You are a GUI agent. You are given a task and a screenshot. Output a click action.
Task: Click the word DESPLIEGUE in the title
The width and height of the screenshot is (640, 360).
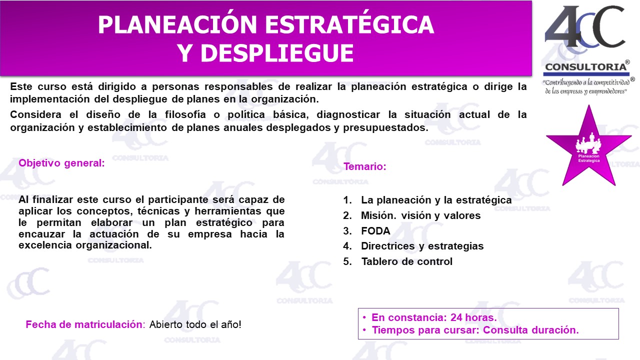pyautogui.click(x=277, y=53)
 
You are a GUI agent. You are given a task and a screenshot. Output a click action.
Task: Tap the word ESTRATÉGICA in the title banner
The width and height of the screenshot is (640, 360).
pyautogui.click(x=349, y=25)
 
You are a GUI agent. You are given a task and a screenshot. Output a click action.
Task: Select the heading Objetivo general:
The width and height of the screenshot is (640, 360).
pyautogui.click(x=61, y=163)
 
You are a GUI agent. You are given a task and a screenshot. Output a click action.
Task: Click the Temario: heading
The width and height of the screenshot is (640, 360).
pyautogui.click(x=365, y=166)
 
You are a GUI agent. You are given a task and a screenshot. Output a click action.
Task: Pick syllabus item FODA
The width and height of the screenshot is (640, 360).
pyautogui.click(x=375, y=231)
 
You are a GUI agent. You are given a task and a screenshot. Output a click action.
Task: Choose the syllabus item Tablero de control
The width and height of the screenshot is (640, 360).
pyautogui.click(x=407, y=261)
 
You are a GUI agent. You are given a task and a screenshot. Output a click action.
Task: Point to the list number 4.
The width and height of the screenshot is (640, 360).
pyautogui.click(x=347, y=246)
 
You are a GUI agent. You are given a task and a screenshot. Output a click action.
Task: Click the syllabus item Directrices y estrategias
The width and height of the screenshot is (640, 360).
pyautogui.click(x=422, y=246)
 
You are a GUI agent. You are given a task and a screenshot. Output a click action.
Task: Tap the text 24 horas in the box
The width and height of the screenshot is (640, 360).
pyautogui.click(x=473, y=317)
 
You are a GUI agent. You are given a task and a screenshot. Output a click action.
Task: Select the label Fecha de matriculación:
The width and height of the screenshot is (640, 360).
pyautogui.click(x=85, y=324)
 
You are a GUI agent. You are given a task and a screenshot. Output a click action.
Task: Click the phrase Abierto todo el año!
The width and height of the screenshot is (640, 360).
pyautogui.click(x=195, y=324)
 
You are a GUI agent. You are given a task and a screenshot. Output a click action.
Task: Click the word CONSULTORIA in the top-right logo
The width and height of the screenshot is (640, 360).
pyautogui.click(x=585, y=67)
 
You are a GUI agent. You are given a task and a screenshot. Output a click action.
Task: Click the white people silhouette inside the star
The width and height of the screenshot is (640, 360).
pyautogui.click(x=588, y=143)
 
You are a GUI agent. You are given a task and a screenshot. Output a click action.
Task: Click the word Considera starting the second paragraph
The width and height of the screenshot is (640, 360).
pyautogui.click(x=35, y=114)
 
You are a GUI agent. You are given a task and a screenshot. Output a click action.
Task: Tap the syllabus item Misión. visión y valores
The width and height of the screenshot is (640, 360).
pyautogui.click(x=421, y=215)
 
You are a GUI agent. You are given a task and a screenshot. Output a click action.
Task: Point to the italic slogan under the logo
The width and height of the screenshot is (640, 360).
pyautogui.click(x=588, y=87)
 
